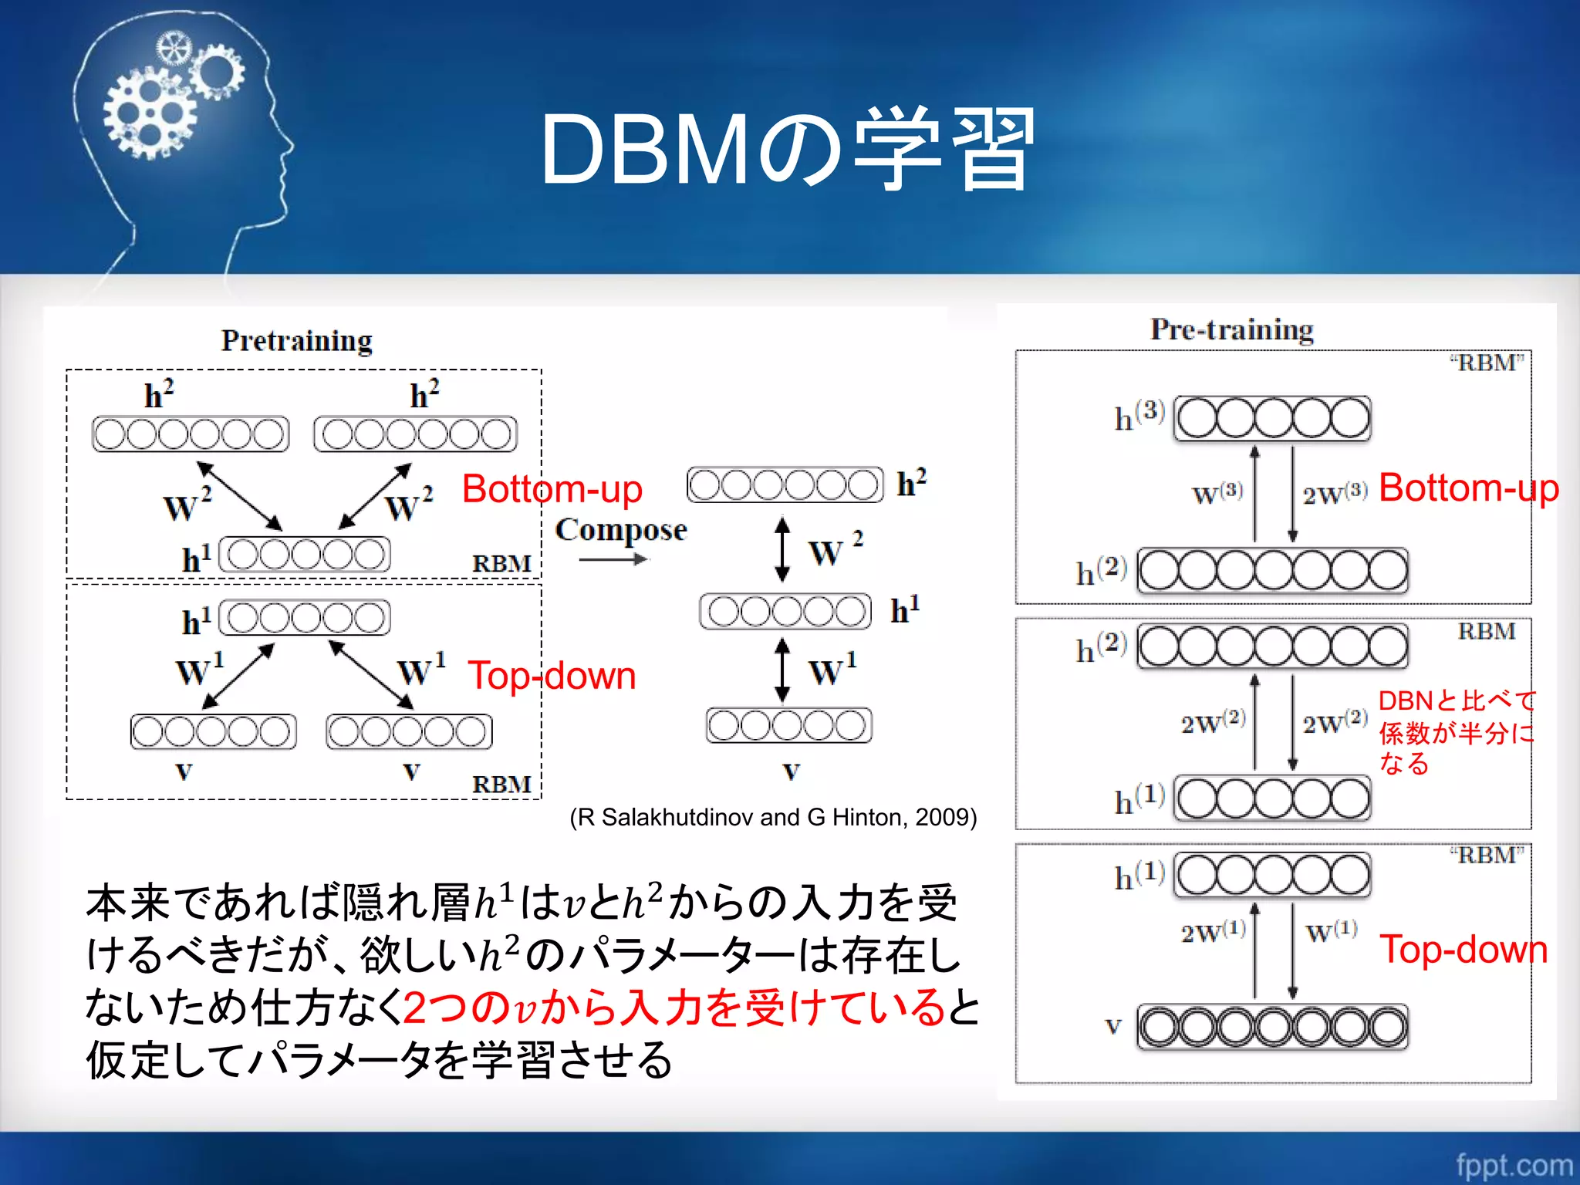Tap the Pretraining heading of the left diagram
[296, 340]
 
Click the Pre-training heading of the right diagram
[1232, 329]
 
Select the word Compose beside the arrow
[620, 529]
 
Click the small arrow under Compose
[613, 559]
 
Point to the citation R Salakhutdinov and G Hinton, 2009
[773, 817]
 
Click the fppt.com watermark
[1514, 1164]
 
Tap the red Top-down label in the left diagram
[552, 676]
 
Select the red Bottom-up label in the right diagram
[1468, 488]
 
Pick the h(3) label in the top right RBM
[1139, 416]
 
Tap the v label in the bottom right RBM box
[1112, 1026]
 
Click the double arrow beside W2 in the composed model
[782, 549]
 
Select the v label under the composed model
[792, 770]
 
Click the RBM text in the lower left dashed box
[501, 784]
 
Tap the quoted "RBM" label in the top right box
[1487, 363]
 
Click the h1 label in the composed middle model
[905, 610]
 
